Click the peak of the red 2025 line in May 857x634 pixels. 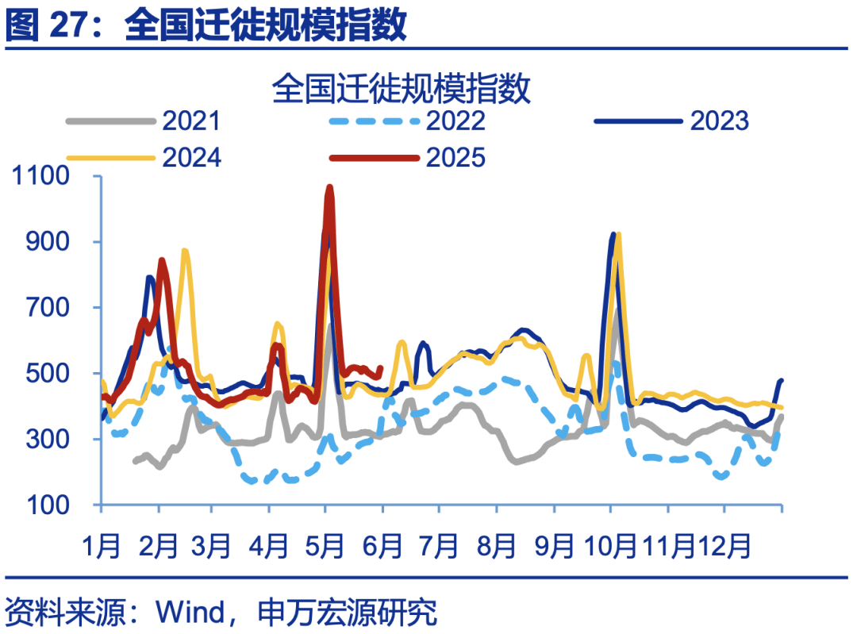coord(329,188)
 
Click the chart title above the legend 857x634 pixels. coord(401,87)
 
